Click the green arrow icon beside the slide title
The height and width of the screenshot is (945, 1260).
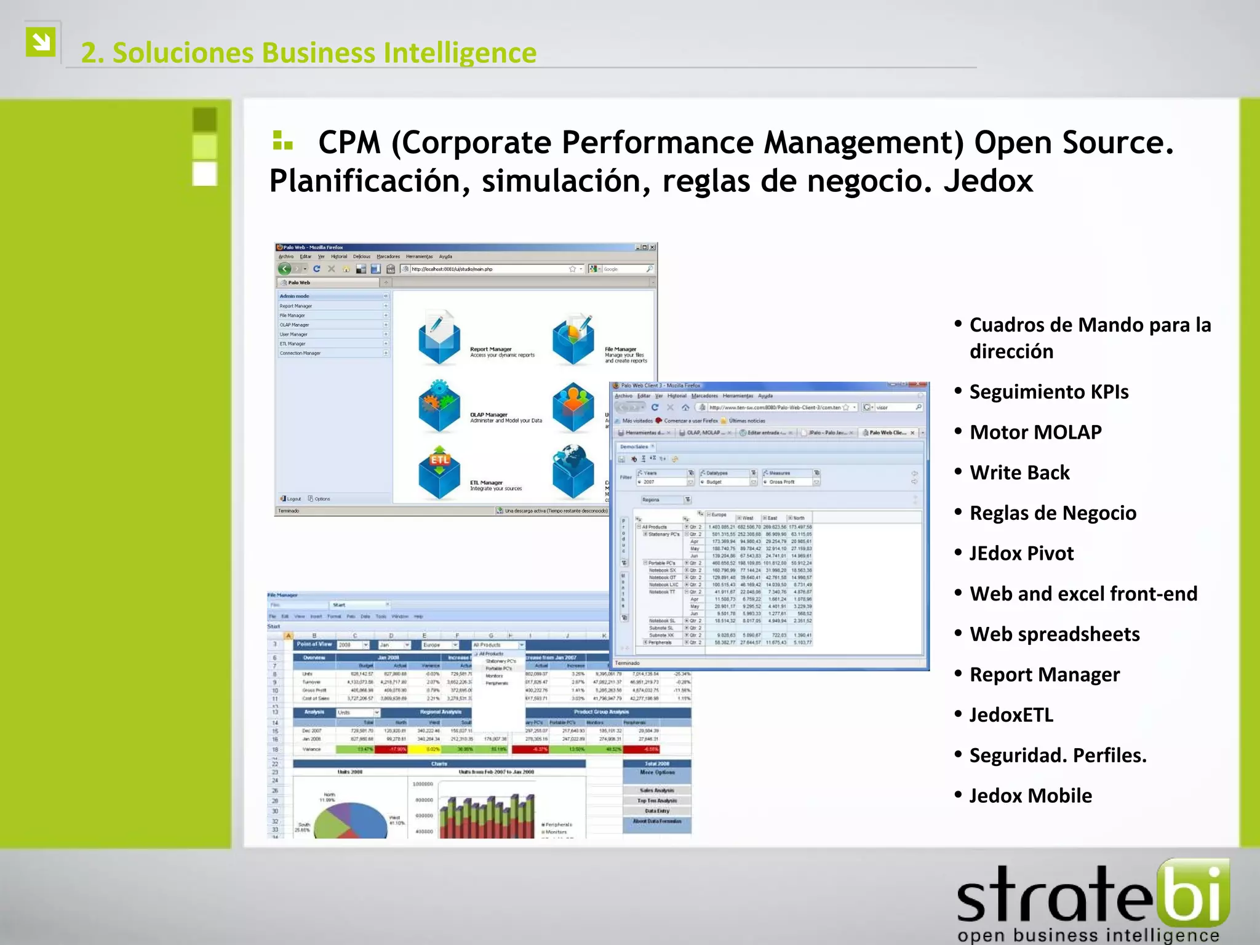pyautogui.click(x=41, y=42)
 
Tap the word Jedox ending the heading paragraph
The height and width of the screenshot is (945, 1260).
pyautogui.click(x=989, y=181)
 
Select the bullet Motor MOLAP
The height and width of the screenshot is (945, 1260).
pyautogui.click(x=1035, y=432)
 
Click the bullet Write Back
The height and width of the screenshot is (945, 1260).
pyautogui.click(x=1019, y=472)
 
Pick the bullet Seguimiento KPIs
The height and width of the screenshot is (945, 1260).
pyautogui.click(x=1048, y=392)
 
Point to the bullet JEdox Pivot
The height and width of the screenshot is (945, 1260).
pyautogui.click(x=1021, y=553)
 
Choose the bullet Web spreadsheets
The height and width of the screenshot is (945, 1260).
pyautogui.click(x=1055, y=634)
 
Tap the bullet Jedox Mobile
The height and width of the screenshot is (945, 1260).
pyautogui.click(x=1031, y=795)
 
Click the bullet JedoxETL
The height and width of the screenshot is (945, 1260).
pyautogui.click(x=1011, y=715)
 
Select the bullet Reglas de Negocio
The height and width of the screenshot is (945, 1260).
pyautogui.click(x=1053, y=513)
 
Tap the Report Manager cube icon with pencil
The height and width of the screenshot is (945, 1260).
pyautogui.click(x=439, y=338)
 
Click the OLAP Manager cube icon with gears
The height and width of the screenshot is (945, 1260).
pyautogui.click(x=439, y=406)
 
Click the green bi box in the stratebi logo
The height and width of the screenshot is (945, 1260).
pyautogui.click(x=1193, y=892)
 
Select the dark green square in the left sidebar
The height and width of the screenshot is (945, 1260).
pyautogui.click(x=205, y=119)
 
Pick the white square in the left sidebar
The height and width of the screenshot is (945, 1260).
pyautogui.click(x=205, y=173)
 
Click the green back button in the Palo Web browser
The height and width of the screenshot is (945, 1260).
pyautogui.click(x=284, y=269)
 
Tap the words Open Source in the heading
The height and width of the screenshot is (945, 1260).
pyautogui.click(x=1074, y=143)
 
